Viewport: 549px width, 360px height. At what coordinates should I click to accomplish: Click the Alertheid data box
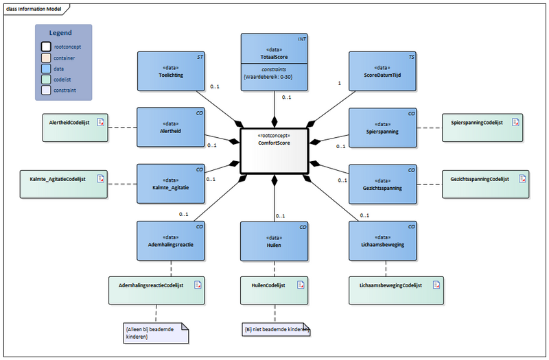tap(172, 127)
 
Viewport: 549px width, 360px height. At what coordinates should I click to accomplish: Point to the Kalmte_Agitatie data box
tap(172, 183)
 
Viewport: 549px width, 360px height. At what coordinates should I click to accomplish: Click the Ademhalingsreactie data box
tap(172, 240)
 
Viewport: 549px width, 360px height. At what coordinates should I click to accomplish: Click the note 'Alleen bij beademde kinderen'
tap(154, 333)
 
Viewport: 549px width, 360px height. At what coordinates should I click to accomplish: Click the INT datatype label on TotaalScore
tap(301, 40)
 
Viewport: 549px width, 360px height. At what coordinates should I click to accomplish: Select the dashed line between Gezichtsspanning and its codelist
tap(428, 183)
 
